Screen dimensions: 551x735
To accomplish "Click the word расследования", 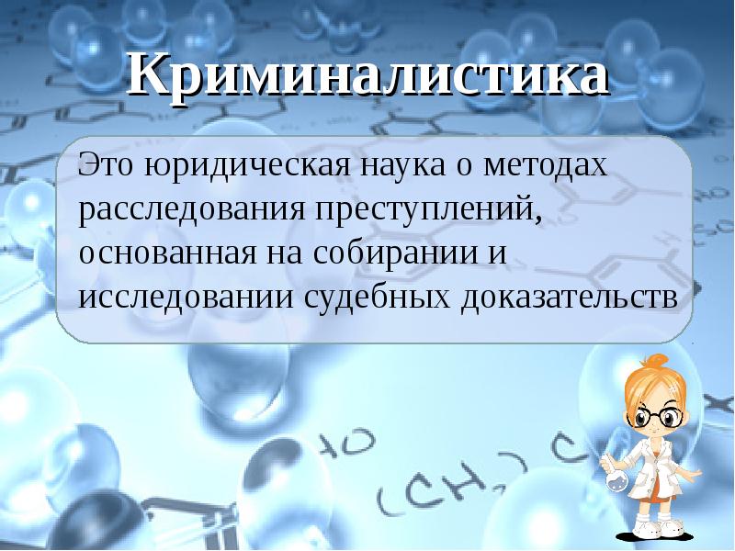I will click(194, 209).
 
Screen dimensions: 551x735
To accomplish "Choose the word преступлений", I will click(427, 209).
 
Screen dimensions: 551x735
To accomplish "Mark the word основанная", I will click(161, 253).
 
